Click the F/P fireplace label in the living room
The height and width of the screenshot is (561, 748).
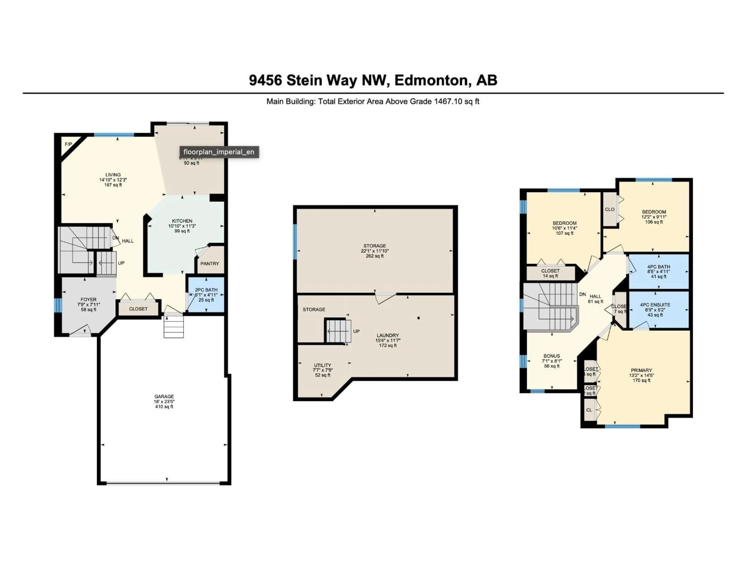tap(68, 144)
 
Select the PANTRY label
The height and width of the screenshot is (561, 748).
tap(210, 263)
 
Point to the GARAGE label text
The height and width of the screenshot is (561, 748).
tap(164, 396)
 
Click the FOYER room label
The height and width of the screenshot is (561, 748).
tap(88, 300)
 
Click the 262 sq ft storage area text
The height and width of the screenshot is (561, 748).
tap(374, 256)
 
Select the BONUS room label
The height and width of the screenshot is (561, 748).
tap(551, 356)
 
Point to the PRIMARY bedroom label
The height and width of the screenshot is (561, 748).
tap(641, 370)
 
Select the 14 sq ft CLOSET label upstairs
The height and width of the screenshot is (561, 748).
tap(550, 273)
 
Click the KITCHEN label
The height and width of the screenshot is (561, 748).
tap(182, 221)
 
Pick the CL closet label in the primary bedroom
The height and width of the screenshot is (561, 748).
tap(589, 410)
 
